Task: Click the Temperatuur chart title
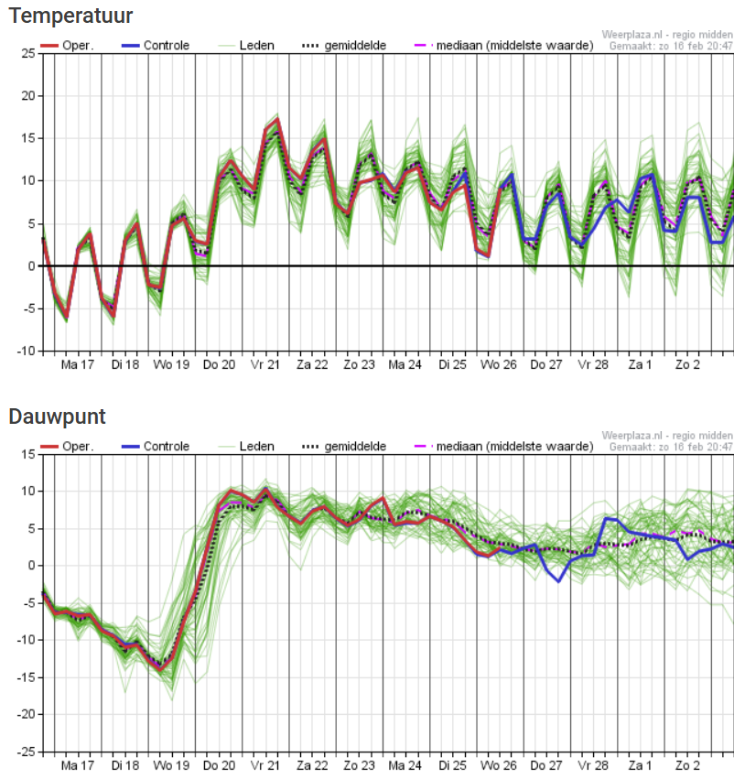[70, 16]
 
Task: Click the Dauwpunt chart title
[57, 417]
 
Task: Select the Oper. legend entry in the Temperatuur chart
[67, 45]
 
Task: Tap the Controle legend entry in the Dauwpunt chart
[156, 446]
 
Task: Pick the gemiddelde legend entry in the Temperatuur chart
[344, 45]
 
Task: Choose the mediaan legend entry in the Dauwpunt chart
[503, 446]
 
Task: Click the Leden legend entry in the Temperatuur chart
[246, 45]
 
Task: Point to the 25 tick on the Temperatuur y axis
[28, 53]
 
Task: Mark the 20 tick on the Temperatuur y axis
[28, 96]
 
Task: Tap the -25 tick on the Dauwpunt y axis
[26, 752]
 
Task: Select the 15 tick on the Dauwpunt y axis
[28, 454]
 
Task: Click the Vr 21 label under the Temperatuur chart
[265, 364]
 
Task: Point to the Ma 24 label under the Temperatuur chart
[405, 364]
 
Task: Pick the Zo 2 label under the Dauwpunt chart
[688, 765]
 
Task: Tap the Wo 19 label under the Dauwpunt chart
[171, 765]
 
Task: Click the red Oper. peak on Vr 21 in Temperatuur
[277, 119]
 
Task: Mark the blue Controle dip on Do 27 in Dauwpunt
[558, 581]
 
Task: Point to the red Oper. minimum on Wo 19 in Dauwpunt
[160, 670]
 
